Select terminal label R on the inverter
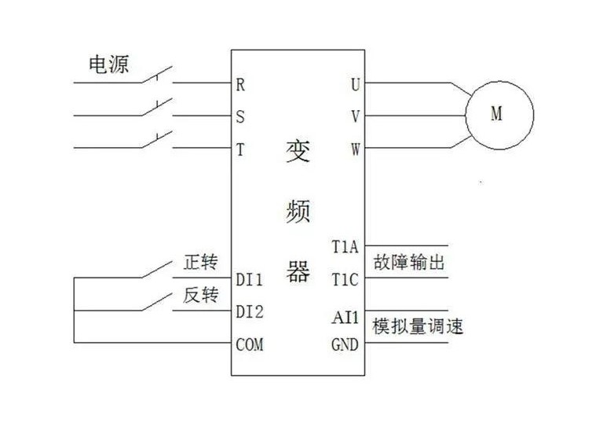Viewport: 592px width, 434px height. pos(240,84)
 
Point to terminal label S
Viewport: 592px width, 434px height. pos(240,116)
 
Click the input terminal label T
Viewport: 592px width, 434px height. pos(240,149)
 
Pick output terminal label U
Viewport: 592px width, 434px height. pos(355,84)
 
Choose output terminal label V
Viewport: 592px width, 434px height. pos(355,116)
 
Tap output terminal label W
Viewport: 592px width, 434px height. pos(355,149)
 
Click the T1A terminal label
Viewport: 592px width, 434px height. pos(345,247)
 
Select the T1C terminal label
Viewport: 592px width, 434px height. pos(345,279)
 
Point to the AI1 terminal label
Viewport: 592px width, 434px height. pos(345,318)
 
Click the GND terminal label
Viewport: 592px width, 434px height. pos(345,344)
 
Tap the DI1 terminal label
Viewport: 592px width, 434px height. pos(250,279)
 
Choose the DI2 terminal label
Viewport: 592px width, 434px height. pos(250,311)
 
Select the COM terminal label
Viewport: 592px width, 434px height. pos(250,344)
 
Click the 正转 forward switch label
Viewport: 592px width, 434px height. pos(200,263)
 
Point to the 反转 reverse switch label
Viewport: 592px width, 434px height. pos(200,296)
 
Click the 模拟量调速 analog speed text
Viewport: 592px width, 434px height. pos(418,326)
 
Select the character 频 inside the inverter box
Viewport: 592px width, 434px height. pos(298,211)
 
